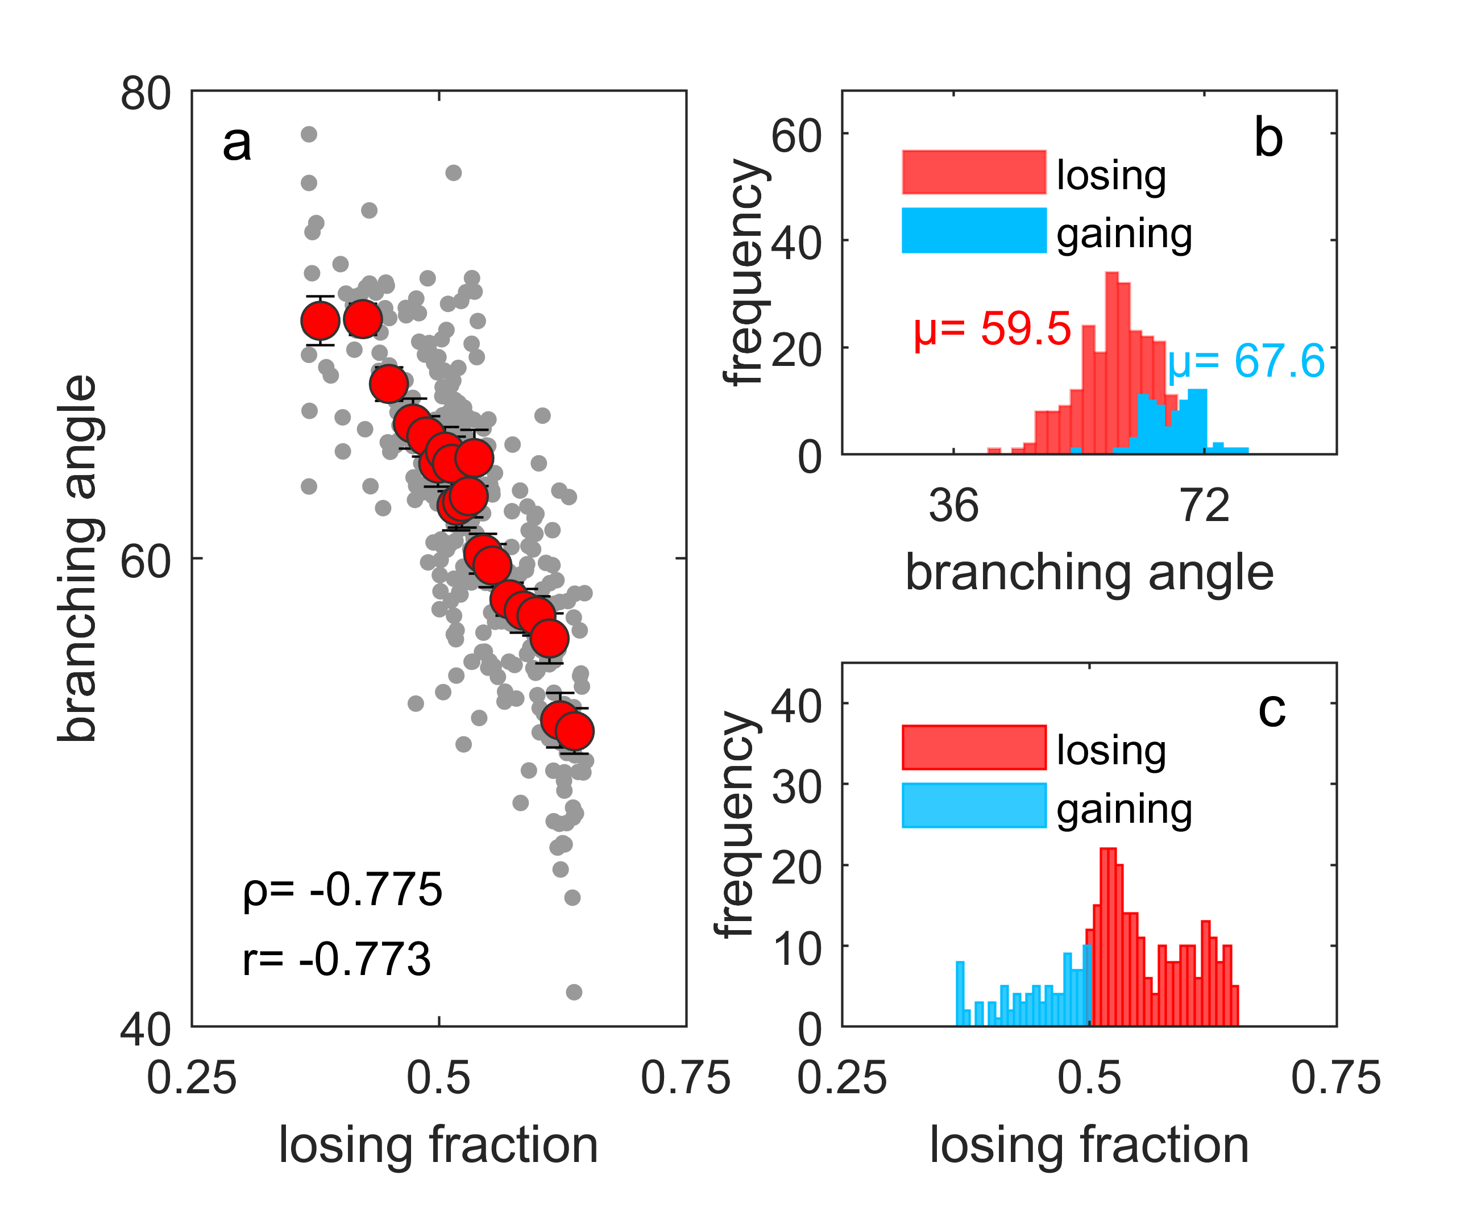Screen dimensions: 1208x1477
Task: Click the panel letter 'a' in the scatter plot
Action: click(237, 145)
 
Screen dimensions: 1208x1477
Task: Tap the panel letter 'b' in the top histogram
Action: click(1268, 138)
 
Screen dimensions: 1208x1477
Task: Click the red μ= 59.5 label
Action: click(992, 328)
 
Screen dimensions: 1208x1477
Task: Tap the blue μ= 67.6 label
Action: click(1246, 361)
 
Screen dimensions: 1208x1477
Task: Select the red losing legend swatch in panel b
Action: click(974, 172)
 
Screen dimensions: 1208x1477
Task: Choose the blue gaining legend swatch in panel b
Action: click(974, 230)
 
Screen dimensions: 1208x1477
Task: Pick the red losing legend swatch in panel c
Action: click(974, 747)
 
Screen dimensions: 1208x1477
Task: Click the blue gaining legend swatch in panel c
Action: click(974, 806)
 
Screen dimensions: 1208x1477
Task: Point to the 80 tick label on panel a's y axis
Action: click(146, 93)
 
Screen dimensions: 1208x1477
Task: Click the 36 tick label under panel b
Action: click(953, 506)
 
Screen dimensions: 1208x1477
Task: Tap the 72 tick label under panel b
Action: click(1205, 506)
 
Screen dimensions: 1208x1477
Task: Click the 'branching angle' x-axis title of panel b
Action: click(1089, 573)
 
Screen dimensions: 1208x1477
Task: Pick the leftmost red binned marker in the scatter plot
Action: click(320, 321)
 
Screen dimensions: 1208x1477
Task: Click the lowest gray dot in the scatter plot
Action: click(574, 992)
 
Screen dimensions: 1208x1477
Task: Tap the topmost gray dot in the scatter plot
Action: click(309, 134)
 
